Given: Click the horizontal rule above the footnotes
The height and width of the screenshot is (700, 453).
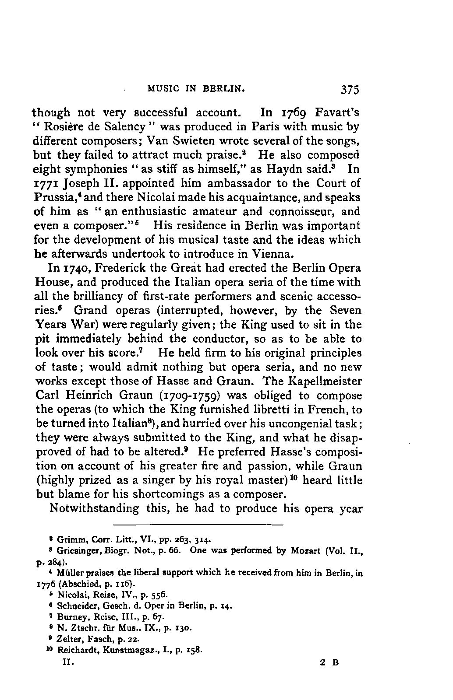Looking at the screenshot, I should coord(198,524).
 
